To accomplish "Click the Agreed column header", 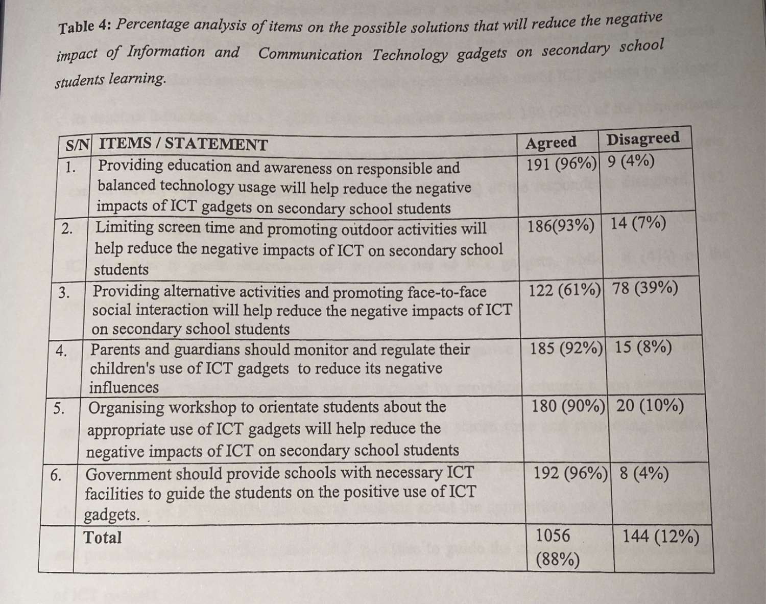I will click(x=550, y=143).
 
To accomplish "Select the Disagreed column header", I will click(x=642, y=139).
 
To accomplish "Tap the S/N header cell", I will click(x=77, y=146).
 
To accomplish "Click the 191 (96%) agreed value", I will click(x=562, y=163).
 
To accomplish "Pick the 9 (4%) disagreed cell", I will click(x=631, y=161).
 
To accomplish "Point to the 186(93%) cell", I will click(x=561, y=225).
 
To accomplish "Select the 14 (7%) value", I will click(x=638, y=223).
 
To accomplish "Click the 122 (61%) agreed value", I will click(x=564, y=290).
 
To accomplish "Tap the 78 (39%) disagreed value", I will click(x=645, y=288).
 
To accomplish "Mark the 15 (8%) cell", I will click(x=643, y=347).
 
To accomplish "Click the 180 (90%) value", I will click(x=568, y=407).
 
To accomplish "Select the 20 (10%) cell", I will click(x=650, y=406).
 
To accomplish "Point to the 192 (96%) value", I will click(x=570, y=473).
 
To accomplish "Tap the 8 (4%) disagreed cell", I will click(x=644, y=474).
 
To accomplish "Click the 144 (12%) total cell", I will click(x=660, y=537).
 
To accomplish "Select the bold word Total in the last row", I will click(x=103, y=538).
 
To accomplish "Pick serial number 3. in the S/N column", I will click(x=63, y=293).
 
